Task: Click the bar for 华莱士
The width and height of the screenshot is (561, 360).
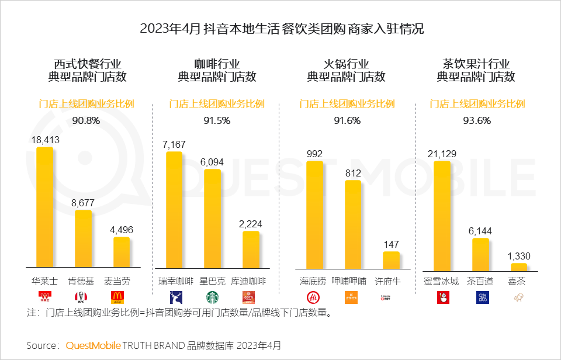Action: [45, 207]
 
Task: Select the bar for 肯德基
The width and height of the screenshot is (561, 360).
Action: [83, 238]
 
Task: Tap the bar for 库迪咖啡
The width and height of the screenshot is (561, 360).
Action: [251, 250]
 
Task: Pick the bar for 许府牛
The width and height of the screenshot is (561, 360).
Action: [391, 259]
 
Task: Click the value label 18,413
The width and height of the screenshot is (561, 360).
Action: [45, 140]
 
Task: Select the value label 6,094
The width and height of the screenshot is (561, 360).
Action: [212, 162]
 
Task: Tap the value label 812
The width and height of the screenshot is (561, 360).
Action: [353, 173]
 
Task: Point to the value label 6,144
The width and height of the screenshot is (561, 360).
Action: [480, 231]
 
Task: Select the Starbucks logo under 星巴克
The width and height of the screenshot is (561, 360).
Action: [212, 297]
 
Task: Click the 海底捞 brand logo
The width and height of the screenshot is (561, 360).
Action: [315, 297]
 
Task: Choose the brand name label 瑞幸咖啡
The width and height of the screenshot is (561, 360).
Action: [175, 281]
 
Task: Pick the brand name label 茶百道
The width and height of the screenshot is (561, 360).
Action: [480, 281]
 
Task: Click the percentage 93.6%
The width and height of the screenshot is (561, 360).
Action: [477, 121]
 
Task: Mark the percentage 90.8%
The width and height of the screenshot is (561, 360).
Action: [86, 121]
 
